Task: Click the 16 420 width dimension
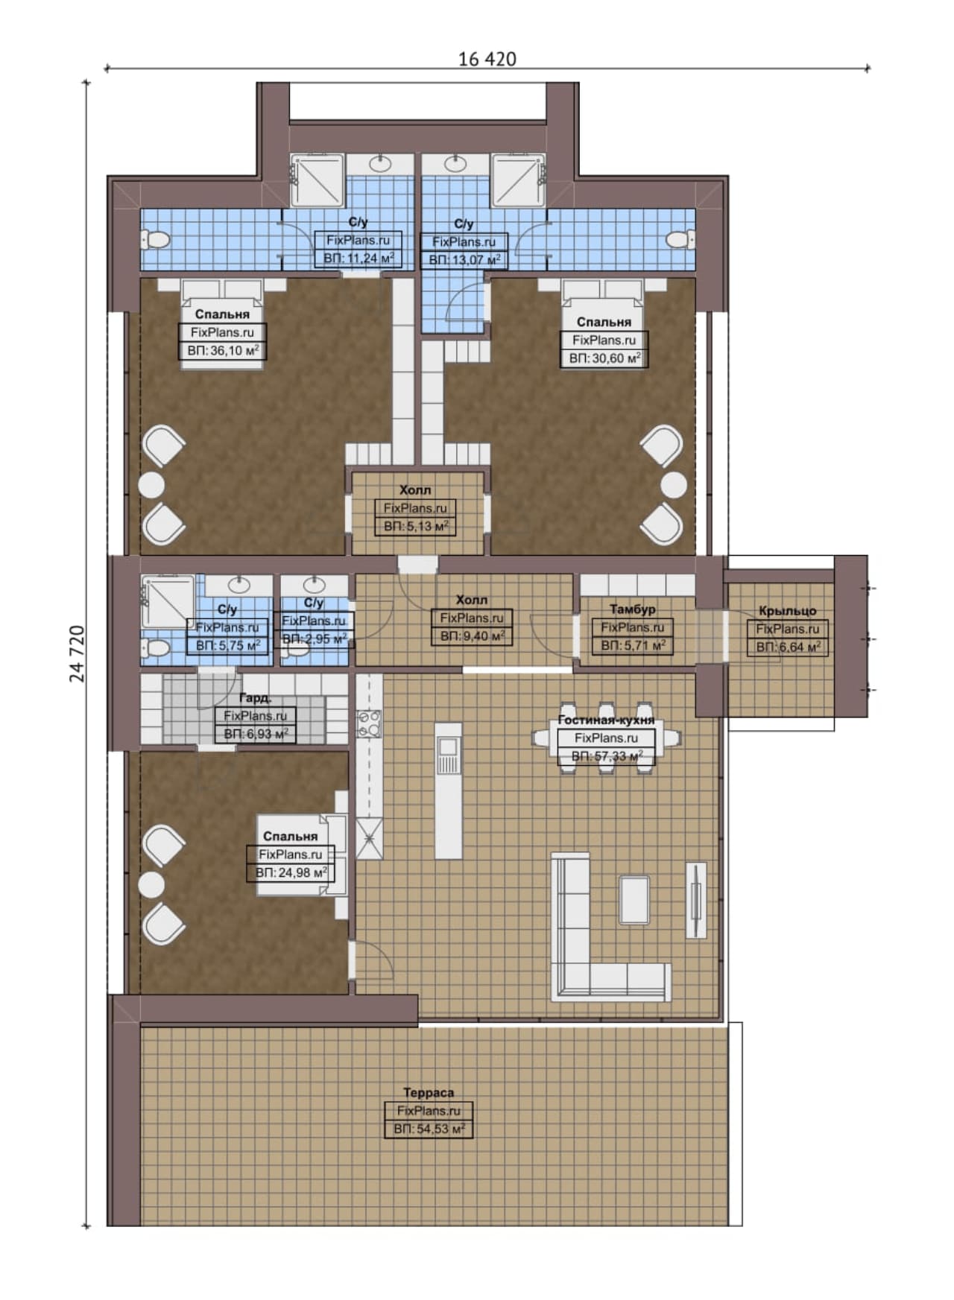(x=487, y=59)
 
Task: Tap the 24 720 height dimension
(x=78, y=653)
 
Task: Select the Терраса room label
(x=429, y=1092)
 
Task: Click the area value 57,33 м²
(x=607, y=756)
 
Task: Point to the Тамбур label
(x=632, y=609)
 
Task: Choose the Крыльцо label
(x=787, y=611)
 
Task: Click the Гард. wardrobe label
(x=255, y=698)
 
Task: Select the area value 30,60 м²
(x=604, y=358)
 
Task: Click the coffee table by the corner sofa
(x=634, y=900)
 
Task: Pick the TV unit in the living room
(x=696, y=900)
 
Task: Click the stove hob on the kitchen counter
(x=370, y=724)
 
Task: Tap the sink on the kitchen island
(x=448, y=746)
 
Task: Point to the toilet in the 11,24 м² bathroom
(x=156, y=240)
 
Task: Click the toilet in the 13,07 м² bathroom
(x=678, y=240)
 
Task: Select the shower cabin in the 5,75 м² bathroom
(x=168, y=602)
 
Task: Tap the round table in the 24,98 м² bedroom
(x=152, y=885)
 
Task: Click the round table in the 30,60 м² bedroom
(x=674, y=485)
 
